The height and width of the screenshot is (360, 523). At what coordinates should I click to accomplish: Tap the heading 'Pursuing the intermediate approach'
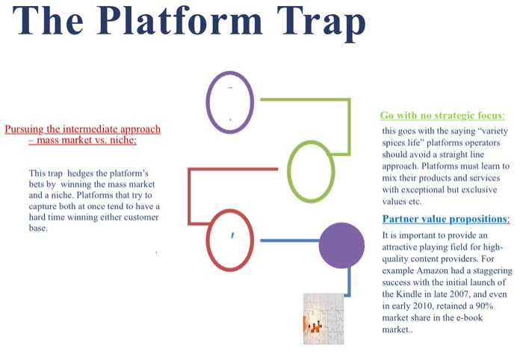tap(82, 129)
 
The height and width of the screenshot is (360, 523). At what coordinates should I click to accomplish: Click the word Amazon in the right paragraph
tap(445, 258)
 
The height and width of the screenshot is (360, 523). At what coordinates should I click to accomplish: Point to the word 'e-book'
tap(467, 317)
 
